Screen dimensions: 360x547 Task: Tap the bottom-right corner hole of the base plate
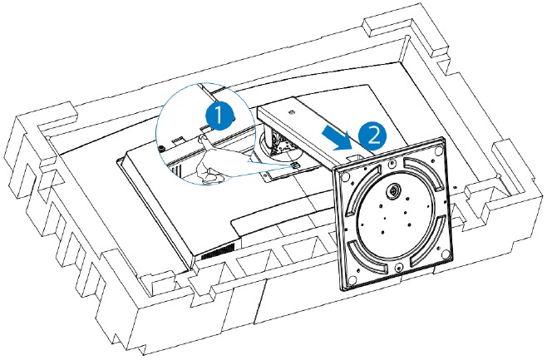tap(446, 247)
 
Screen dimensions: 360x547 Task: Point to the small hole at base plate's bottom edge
tap(399, 267)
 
